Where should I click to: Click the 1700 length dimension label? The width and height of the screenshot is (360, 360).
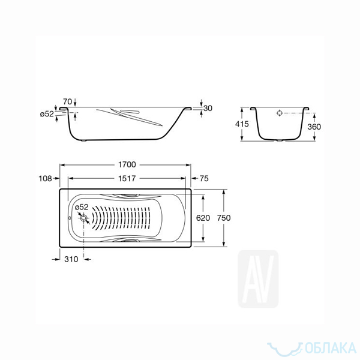(x=127, y=164)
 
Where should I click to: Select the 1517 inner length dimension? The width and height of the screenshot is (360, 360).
(x=127, y=178)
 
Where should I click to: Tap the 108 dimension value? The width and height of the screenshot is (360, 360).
(x=45, y=178)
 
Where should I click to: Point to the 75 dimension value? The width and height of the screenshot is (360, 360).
(x=204, y=178)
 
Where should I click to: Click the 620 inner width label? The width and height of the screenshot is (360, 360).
(x=203, y=218)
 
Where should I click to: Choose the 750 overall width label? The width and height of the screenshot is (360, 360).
(x=224, y=218)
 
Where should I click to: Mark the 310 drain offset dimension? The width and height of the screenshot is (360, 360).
(x=71, y=259)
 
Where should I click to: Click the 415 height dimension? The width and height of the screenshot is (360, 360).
(x=242, y=124)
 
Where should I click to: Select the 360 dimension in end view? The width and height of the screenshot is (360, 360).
(x=314, y=127)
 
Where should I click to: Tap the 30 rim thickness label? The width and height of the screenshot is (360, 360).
(x=208, y=108)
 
